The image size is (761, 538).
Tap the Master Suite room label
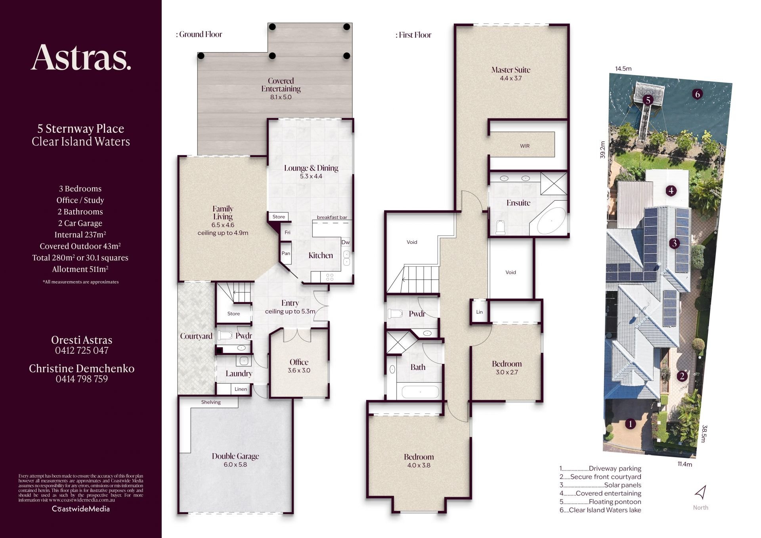point(511,70)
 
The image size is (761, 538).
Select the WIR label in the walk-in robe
point(525,146)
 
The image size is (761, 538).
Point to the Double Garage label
point(235,456)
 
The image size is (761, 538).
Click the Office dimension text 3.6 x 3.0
point(299,371)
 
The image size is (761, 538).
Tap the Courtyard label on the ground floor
point(196,336)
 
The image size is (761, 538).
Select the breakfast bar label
point(332,217)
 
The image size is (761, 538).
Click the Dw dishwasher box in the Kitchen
point(346,242)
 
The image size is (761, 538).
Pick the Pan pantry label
point(286,253)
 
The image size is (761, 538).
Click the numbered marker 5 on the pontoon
point(648,100)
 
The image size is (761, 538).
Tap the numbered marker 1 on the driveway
point(630,424)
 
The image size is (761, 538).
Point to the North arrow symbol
point(700,492)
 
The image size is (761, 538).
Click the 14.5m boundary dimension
point(623,69)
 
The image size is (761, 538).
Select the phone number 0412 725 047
point(82,350)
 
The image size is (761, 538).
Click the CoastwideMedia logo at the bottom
point(81,509)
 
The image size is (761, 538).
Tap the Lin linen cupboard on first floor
point(480,312)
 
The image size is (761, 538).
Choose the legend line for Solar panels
point(600,485)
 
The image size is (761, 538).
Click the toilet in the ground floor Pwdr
point(225,336)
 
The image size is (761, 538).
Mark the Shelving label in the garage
point(211,402)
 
